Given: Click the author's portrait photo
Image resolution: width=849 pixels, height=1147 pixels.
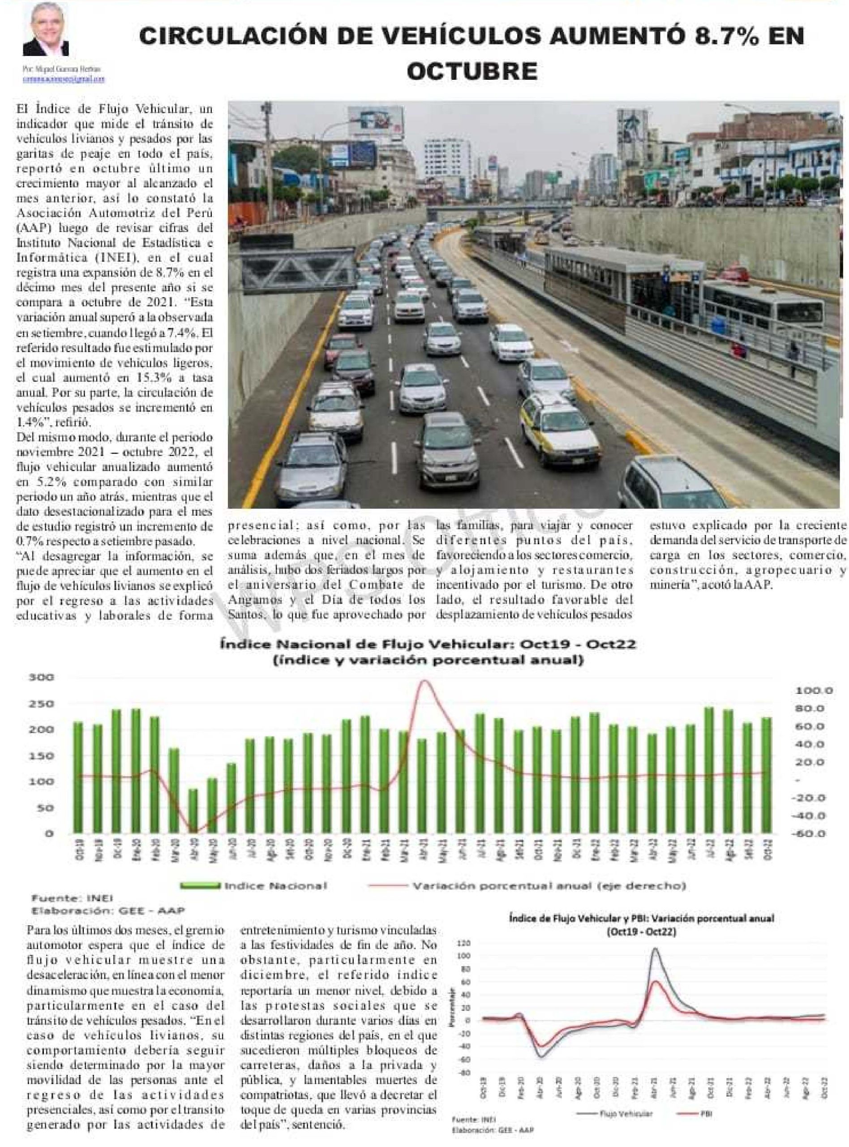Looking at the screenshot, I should click(x=45, y=31).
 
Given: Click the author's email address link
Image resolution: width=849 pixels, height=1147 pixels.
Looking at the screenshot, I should click(x=63, y=79).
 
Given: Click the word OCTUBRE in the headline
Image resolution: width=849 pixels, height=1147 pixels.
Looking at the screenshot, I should click(x=472, y=71).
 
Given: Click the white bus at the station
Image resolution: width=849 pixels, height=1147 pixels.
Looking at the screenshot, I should click(x=761, y=308).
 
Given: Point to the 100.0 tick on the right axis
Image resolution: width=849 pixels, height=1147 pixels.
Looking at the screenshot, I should click(x=814, y=690).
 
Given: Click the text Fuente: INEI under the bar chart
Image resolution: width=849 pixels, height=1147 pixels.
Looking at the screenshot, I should click(x=65, y=899).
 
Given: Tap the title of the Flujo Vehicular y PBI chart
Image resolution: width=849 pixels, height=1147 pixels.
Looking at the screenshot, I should click(x=642, y=925).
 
